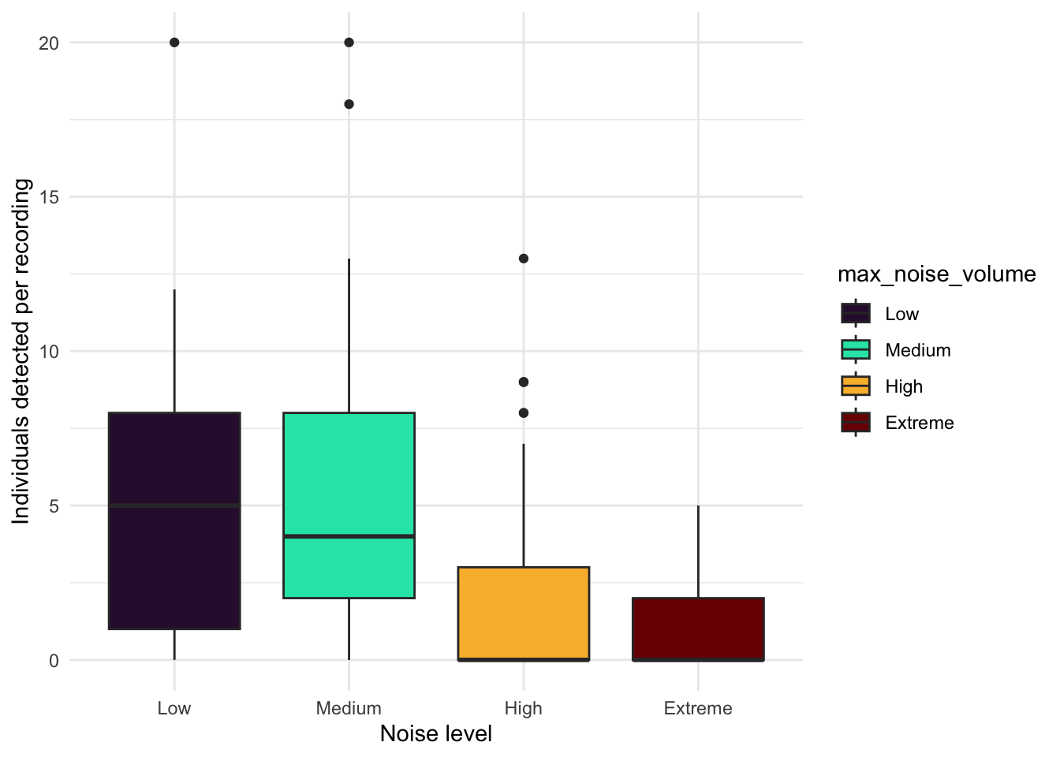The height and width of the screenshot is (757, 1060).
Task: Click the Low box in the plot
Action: [x=174, y=568]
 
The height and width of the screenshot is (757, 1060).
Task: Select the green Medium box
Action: [x=349, y=473]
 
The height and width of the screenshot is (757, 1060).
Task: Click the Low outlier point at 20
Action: [x=174, y=43]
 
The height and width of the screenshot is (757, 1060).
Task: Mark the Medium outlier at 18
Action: [x=349, y=104]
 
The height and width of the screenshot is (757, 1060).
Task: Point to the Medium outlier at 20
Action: [x=349, y=43]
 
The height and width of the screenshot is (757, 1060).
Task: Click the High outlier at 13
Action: [x=524, y=259]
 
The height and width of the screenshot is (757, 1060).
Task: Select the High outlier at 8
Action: [x=524, y=412]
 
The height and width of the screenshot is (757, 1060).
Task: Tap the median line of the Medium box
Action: [x=349, y=536]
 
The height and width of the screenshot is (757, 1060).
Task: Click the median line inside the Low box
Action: [x=174, y=505]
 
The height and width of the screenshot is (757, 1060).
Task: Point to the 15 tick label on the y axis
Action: [x=49, y=197]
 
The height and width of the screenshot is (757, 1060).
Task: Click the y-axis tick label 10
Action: [x=49, y=352]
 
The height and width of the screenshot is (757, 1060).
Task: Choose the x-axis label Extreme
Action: [x=698, y=708]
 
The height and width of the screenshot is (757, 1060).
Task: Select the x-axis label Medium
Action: [x=349, y=708]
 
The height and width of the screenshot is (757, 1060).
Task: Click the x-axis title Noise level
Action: [x=435, y=734]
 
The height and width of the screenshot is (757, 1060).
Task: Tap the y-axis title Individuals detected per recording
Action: [x=21, y=351]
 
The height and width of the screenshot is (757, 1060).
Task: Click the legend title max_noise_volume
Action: [x=936, y=274]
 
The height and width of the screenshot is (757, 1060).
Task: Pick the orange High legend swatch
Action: [x=856, y=386]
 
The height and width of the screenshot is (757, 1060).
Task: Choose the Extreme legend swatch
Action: [x=856, y=423]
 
